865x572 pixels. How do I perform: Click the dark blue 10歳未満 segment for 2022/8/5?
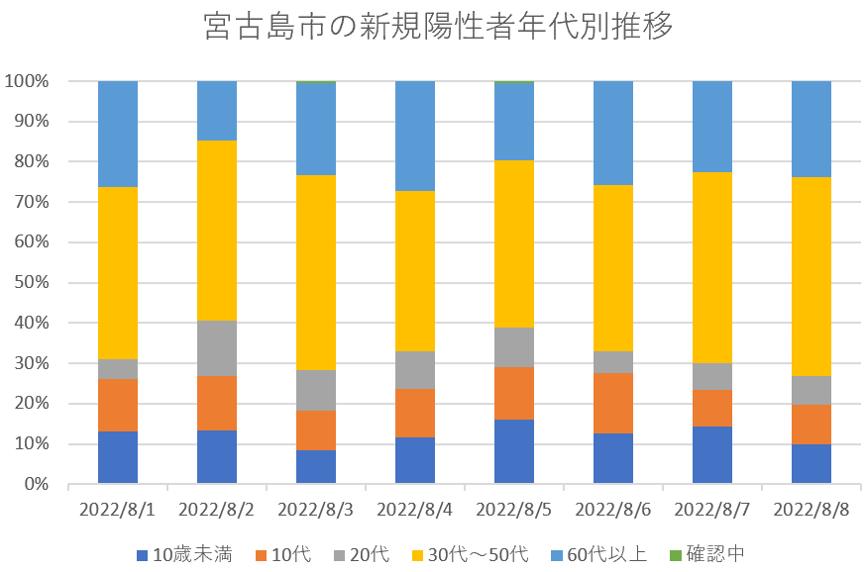tap(514, 451)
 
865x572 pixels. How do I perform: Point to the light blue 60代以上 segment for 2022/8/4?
tap(415, 136)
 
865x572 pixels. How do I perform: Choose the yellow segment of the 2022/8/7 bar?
tap(712, 267)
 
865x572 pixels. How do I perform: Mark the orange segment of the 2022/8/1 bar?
tap(118, 405)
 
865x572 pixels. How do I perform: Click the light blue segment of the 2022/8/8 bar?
tap(811, 129)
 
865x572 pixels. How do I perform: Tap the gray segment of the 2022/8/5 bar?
tap(514, 347)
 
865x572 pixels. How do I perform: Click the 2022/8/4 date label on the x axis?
tap(415, 511)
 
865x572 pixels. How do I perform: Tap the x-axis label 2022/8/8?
tap(811, 511)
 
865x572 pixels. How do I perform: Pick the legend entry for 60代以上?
tap(603, 553)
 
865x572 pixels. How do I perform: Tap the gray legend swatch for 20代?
tap(337, 554)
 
